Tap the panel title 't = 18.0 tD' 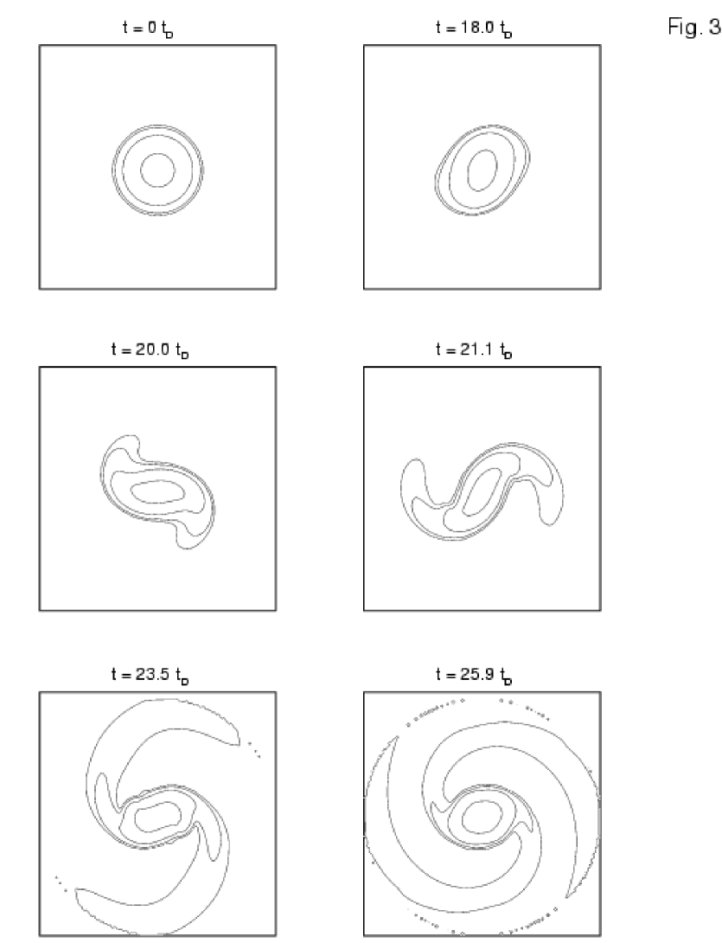tap(475, 29)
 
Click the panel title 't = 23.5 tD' tap(150, 676)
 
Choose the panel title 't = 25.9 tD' tap(475, 676)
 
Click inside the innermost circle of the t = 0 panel tap(157, 170)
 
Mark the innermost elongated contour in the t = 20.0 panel tap(157, 491)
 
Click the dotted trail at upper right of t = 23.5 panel tap(254, 747)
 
